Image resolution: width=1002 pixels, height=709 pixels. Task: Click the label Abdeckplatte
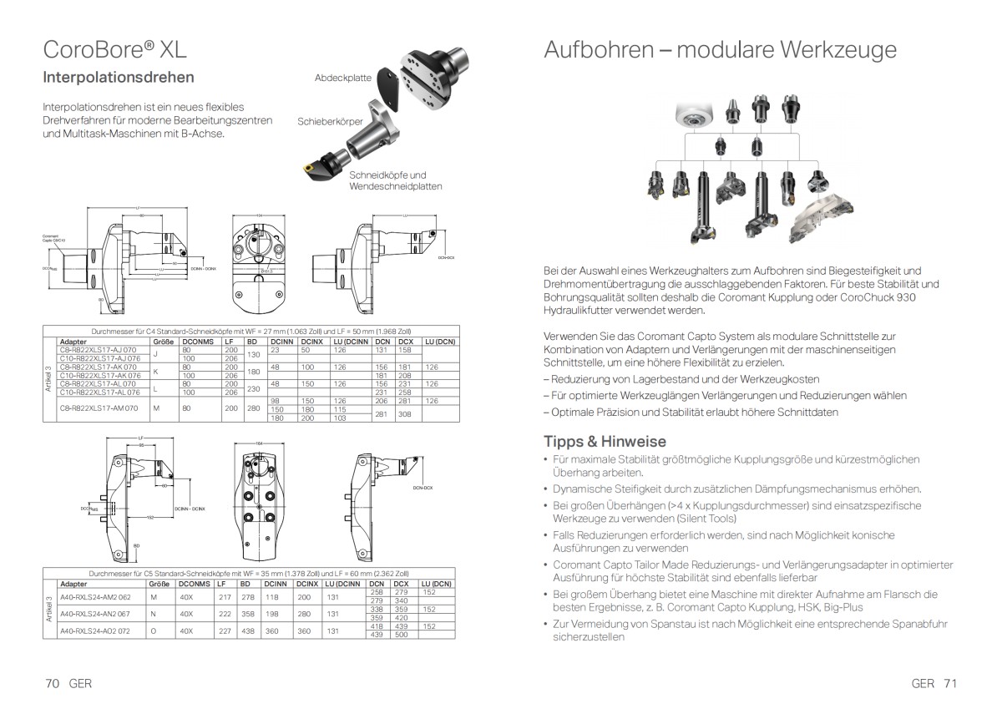343,77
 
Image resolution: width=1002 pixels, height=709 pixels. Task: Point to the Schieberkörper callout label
330,121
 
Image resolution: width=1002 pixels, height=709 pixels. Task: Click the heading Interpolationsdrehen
119,78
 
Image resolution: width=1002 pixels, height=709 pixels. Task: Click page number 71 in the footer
949,682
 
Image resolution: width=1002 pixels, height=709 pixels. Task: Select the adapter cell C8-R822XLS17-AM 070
98,409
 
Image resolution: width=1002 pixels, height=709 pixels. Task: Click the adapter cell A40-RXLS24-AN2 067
96,614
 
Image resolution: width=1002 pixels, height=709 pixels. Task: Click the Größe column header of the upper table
162,342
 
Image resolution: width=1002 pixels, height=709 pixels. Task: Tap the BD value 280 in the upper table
251,409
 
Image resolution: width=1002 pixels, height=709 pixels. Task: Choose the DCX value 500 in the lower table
401,635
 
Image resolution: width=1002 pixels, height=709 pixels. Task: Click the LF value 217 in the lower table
224,597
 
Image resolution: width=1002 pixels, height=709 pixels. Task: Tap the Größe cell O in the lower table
154,631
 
